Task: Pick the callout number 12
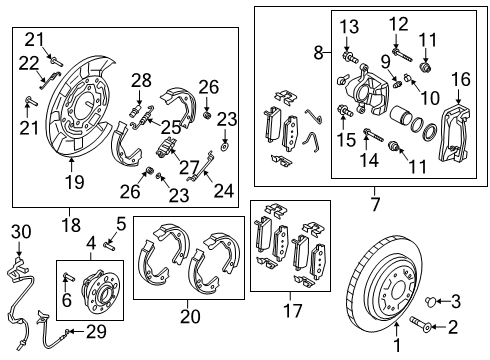pos(398,24)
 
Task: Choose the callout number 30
pos(16,232)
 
